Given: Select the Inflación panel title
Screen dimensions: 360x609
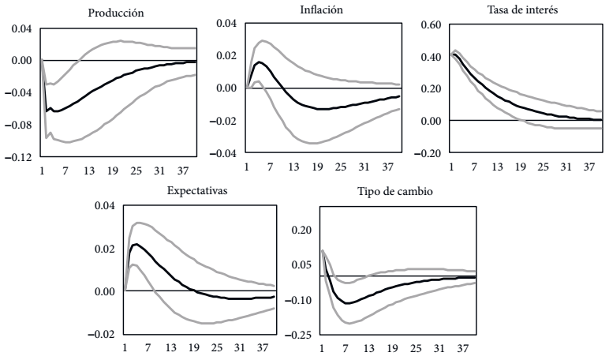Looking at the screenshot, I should point(322,9).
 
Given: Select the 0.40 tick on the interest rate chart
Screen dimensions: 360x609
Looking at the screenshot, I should point(429,57).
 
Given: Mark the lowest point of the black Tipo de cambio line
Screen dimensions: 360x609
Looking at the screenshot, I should point(346,303).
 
